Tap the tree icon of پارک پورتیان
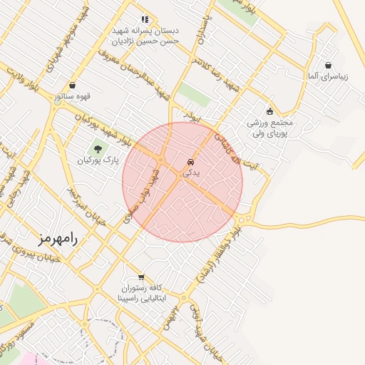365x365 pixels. pyautogui.click(x=97, y=149)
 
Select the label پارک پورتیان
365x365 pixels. pyautogui.click(x=97, y=160)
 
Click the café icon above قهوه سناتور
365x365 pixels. pyautogui.click(x=73, y=85)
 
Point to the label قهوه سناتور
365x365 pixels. pyautogui.click(x=73, y=96)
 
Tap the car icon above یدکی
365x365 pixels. pyautogui.click(x=190, y=161)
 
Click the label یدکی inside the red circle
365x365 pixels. pyautogui.click(x=191, y=172)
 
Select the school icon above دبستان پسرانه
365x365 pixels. pyautogui.click(x=144, y=20)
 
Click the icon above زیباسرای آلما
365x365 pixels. pyautogui.click(x=327, y=65)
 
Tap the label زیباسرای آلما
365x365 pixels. pyautogui.click(x=327, y=76)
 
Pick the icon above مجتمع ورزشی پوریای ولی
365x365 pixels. pyautogui.click(x=269, y=110)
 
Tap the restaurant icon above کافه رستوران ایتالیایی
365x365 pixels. pyautogui.click(x=140, y=277)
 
